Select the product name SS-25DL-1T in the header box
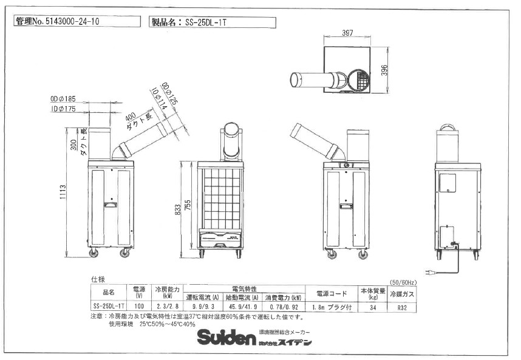pos(210,22)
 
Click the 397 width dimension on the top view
pos(347,33)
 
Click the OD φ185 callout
pos(63,98)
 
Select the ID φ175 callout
pos(63,109)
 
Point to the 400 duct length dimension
pos(130,115)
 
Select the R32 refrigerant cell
pos(401,307)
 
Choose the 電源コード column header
pos(331,293)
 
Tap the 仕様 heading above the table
pos(98,279)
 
